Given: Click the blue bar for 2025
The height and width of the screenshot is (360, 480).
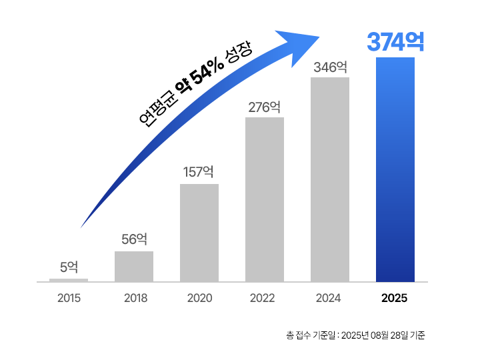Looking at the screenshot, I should [x=395, y=169].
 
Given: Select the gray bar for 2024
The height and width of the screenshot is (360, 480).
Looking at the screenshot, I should [x=330, y=179].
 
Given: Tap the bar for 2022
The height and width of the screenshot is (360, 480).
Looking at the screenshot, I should [x=265, y=199].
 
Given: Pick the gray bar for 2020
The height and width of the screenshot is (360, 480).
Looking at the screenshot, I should [x=199, y=233].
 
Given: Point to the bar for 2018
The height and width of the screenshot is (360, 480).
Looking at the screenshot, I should [x=134, y=266].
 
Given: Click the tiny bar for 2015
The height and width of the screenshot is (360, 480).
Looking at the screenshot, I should [x=69, y=280].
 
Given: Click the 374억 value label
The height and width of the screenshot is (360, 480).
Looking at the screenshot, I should [x=395, y=42].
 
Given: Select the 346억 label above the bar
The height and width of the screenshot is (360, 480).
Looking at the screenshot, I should [x=330, y=67].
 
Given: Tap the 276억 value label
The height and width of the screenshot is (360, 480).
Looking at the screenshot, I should [x=265, y=107].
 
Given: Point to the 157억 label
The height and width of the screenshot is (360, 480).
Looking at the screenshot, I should [x=199, y=172].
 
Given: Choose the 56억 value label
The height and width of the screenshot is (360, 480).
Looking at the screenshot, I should [x=134, y=239].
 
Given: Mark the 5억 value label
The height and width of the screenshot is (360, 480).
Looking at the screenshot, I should [x=69, y=267].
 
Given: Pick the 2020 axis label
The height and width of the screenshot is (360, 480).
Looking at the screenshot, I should [x=199, y=298].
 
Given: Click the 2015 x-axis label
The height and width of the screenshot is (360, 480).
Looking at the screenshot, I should [x=69, y=298].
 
